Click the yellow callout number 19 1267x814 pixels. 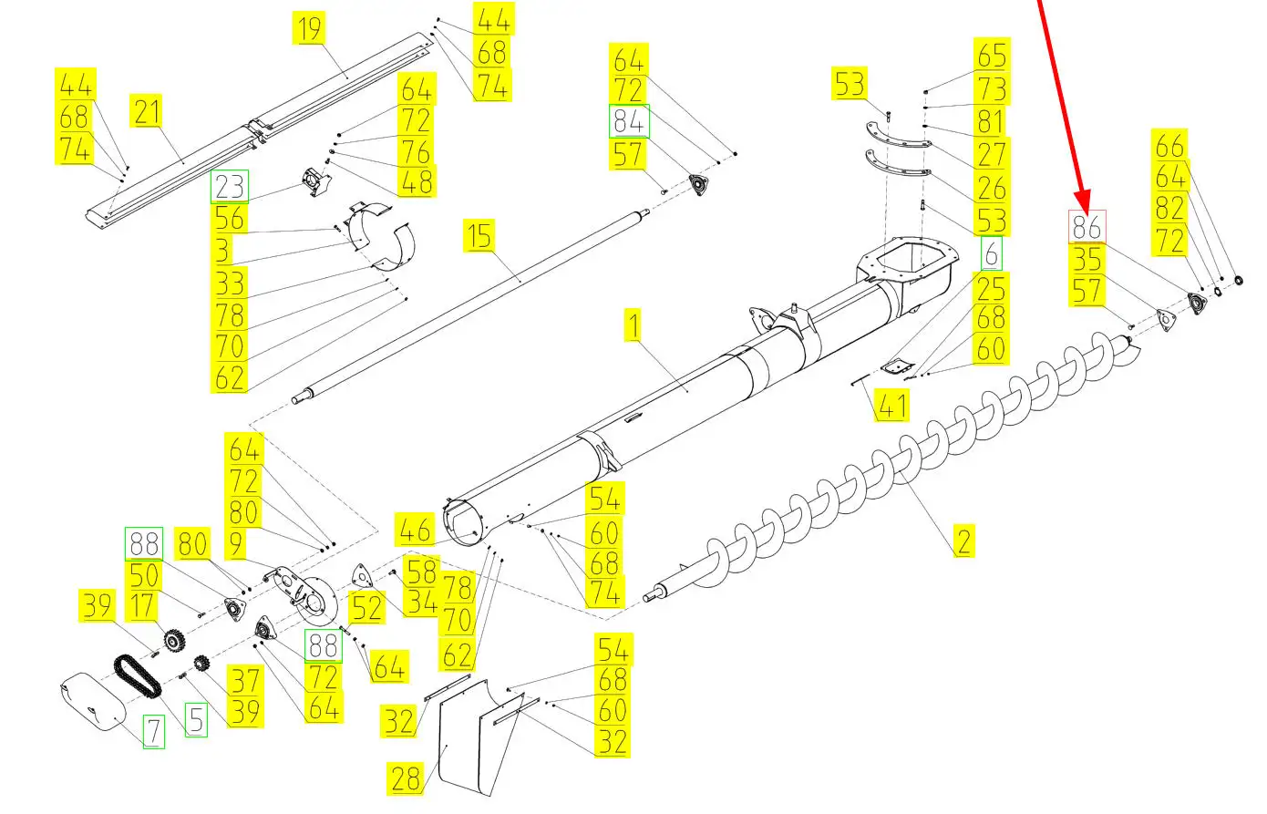311,29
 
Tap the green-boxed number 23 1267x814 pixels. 230,187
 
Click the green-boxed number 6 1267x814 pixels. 991,252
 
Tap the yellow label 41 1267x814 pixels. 891,405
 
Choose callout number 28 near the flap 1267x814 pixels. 407,778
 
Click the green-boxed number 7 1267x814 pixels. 153,731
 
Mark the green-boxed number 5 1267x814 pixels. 196,719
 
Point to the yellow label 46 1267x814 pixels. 415,531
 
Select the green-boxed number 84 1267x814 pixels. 629,121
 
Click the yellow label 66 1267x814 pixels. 1171,146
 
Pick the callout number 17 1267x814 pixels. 144,606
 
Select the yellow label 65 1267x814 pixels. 992,55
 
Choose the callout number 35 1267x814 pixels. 1087,260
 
